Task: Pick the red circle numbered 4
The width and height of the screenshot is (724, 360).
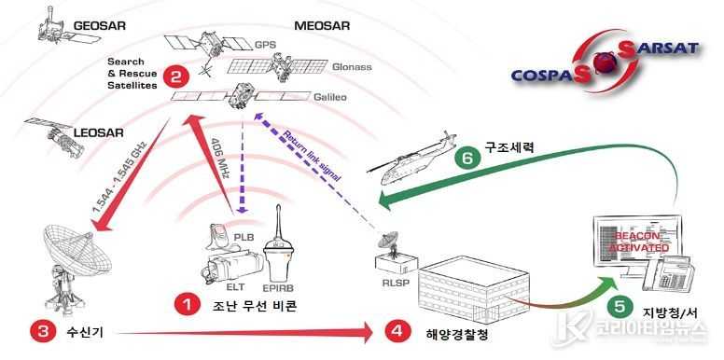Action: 397,329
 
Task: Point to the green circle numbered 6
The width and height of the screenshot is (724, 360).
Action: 461,159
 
